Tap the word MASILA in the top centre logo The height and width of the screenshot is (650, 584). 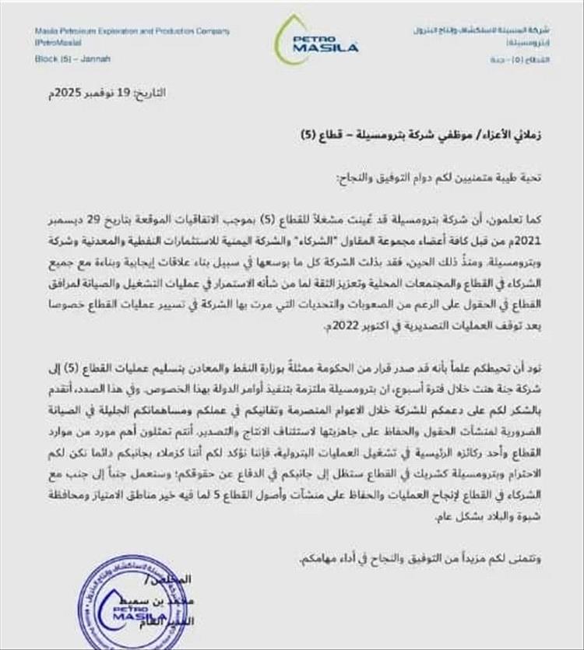(x=325, y=48)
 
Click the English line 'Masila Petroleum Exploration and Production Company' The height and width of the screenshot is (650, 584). (x=132, y=31)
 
